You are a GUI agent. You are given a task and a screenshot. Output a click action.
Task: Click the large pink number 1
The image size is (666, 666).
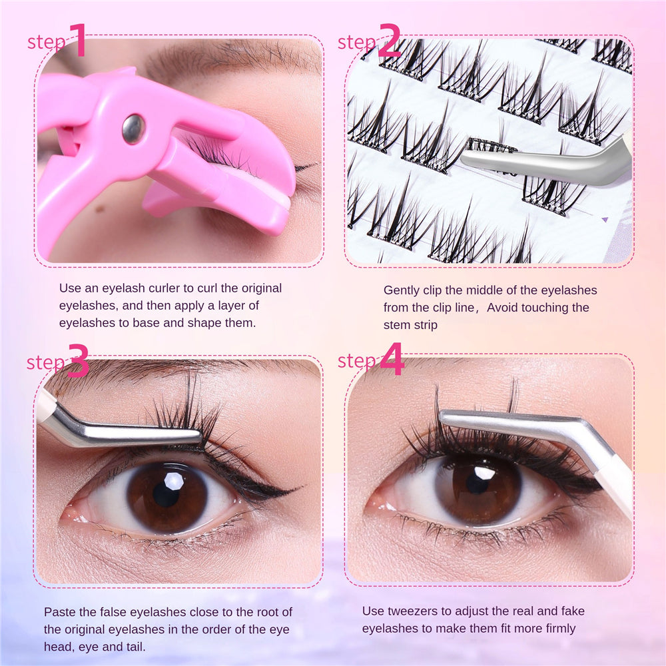click(77, 41)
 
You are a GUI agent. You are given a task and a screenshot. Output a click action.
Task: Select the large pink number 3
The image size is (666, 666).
click(78, 362)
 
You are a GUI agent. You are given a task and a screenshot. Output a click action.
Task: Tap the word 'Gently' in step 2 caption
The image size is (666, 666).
click(401, 290)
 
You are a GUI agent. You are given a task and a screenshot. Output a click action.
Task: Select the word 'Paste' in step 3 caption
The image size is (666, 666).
click(59, 612)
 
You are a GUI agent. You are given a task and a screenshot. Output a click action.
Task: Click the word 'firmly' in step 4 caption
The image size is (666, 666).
click(559, 628)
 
